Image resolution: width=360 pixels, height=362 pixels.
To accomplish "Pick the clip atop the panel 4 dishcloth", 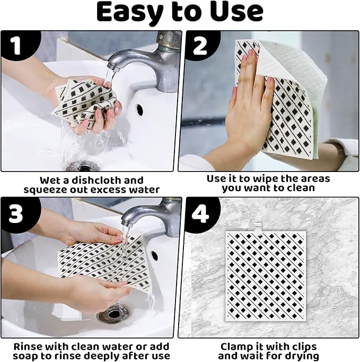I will coord(259,226).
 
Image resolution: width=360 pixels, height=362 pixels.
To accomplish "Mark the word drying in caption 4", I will coord(301,356).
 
